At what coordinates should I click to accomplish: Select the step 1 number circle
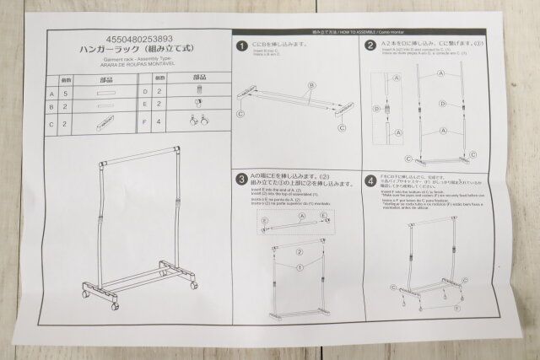[241, 46]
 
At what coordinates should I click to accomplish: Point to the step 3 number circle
[241, 179]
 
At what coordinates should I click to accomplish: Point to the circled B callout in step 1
[311, 84]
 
